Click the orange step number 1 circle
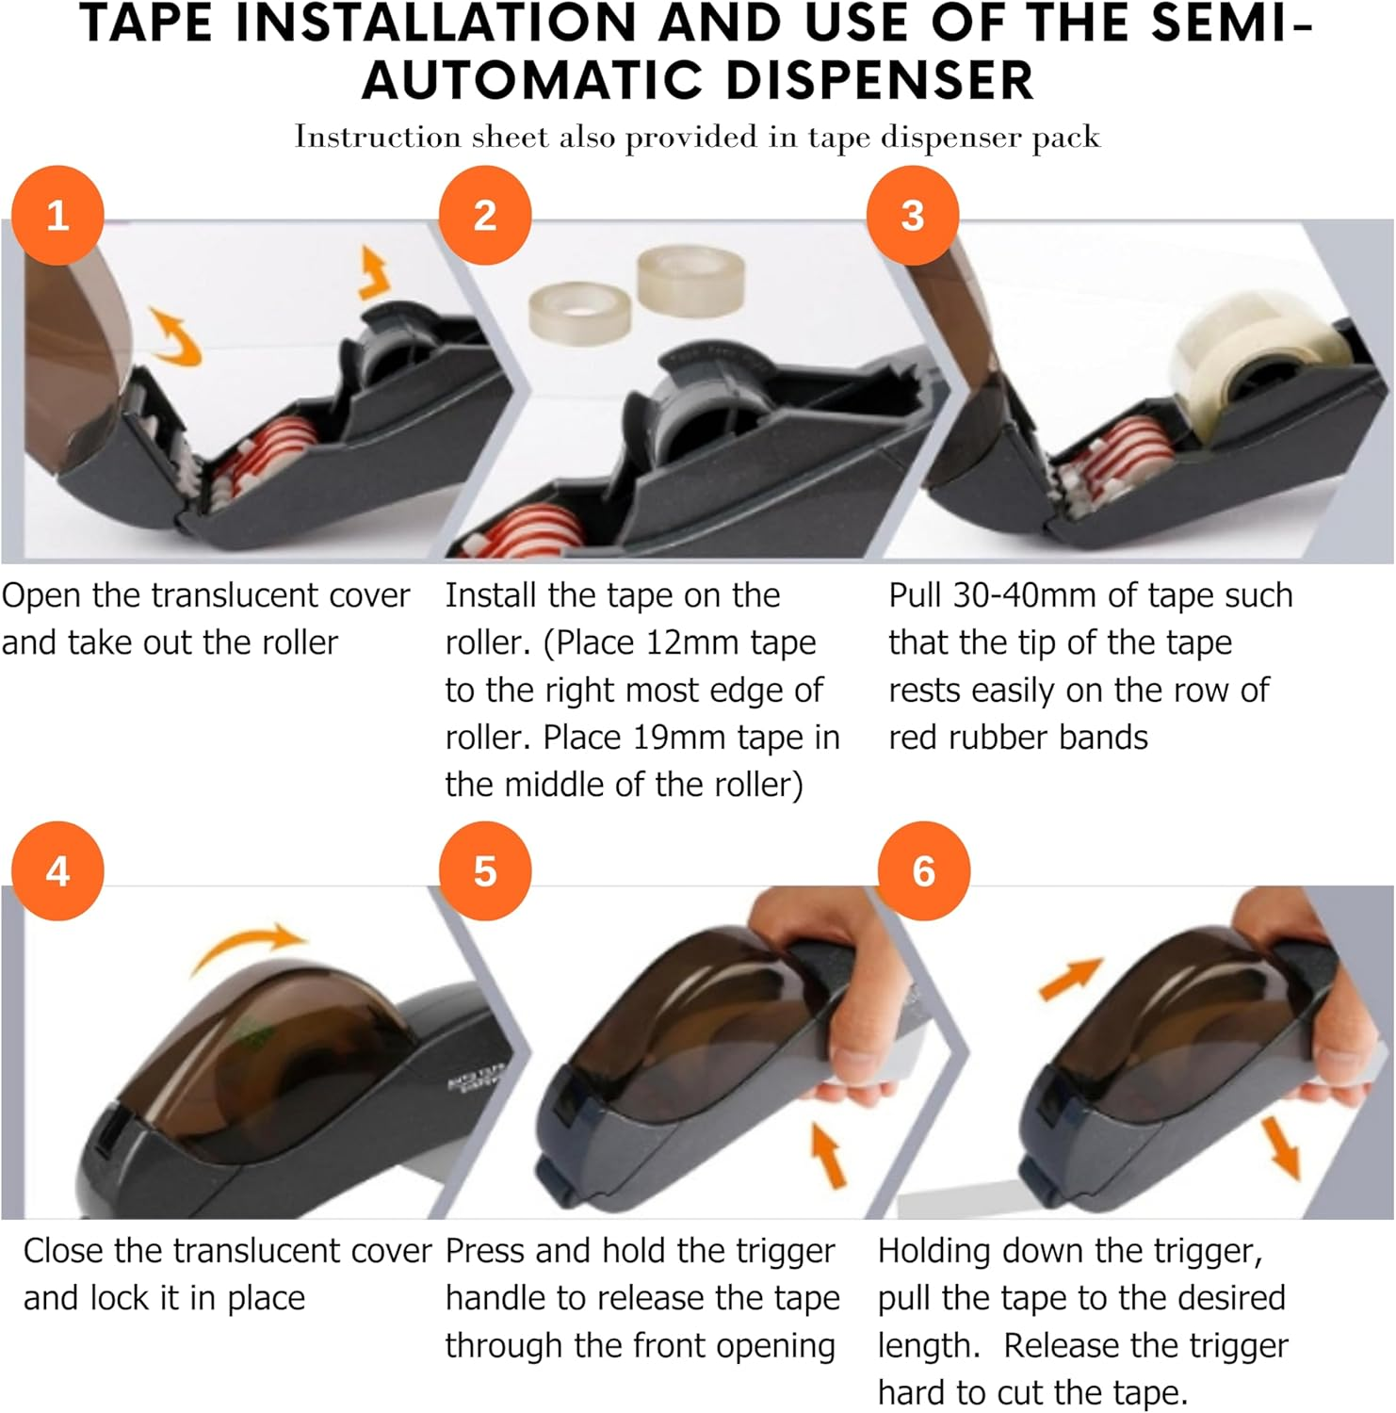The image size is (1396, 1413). [57, 216]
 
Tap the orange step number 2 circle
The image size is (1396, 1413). [485, 216]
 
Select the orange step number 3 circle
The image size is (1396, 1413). [912, 216]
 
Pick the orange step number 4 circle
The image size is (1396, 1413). [57, 871]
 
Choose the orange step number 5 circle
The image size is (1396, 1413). [485, 871]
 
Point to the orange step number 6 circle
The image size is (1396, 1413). [923, 871]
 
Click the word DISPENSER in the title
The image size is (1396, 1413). [880, 79]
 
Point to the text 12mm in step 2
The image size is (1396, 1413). [693, 643]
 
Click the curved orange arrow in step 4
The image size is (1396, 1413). [251, 945]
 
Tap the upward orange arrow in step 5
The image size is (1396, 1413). [828, 1154]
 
